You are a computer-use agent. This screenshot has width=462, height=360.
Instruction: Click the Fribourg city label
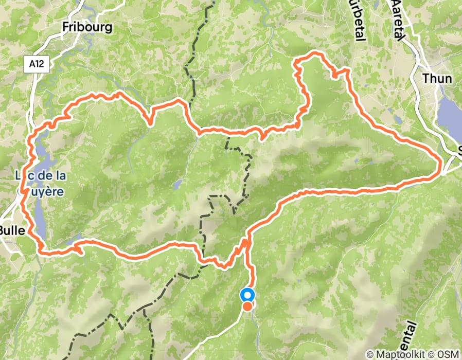click(86, 27)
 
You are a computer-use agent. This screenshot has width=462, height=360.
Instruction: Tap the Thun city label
click(437, 79)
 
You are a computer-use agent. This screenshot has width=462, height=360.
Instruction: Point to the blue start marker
click(247, 295)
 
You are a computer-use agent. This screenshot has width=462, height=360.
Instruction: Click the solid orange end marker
click(247, 307)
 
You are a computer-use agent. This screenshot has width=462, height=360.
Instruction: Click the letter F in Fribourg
click(65, 27)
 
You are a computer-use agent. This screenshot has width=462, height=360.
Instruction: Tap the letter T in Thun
click(425, 79)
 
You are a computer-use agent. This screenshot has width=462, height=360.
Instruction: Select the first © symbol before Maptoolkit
click(370, 354)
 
